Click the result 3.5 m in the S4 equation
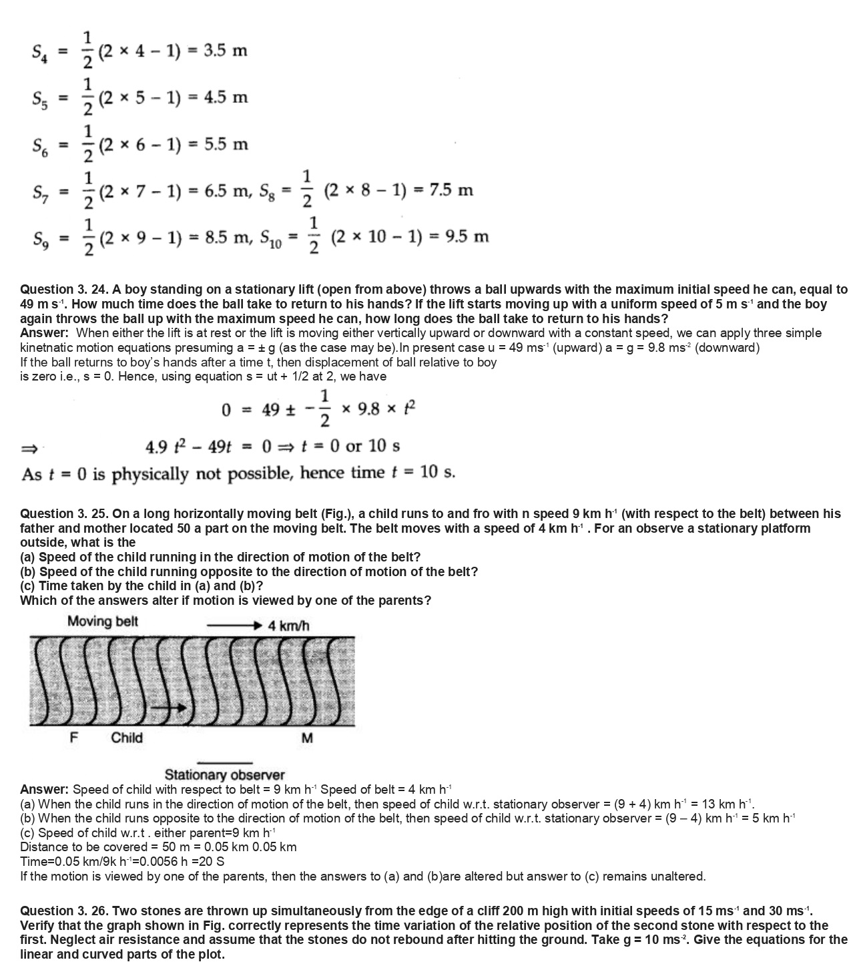click(225, 51)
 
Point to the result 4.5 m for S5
click(226, 97)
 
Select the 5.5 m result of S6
click(226, 144)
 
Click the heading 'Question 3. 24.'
click(64, 290)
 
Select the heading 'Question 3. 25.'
click(64, 514)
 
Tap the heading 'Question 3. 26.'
click(64, 911)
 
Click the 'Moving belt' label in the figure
click(103, 622)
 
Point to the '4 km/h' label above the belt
click(288, 626)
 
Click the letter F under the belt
click(73, 738)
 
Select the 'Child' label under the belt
click(127, 738)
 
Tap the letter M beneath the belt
click(307, 738)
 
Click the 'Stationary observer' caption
click(224, 775)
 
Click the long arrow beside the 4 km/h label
click(234, 626)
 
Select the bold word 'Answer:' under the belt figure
click(44, 790)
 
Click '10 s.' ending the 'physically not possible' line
click(439, 473)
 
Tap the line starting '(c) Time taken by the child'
click(141, 586)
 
